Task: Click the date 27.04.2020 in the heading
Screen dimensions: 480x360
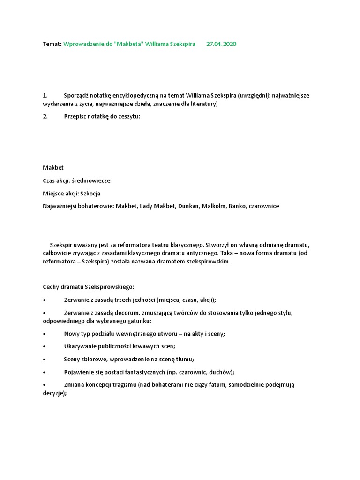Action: tap(221, 44)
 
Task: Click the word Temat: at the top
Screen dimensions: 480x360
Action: tap(52, 44)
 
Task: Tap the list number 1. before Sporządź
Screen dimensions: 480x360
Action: tap(45, 95)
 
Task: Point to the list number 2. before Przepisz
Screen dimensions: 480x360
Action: tap(45, 117)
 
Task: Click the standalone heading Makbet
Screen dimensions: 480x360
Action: tap(53, 167)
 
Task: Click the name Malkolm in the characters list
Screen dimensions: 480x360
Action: tap(214, 206)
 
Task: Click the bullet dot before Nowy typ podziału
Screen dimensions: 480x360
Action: tap(44, 334)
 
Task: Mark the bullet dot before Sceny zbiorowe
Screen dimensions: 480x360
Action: tap(44, 360)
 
